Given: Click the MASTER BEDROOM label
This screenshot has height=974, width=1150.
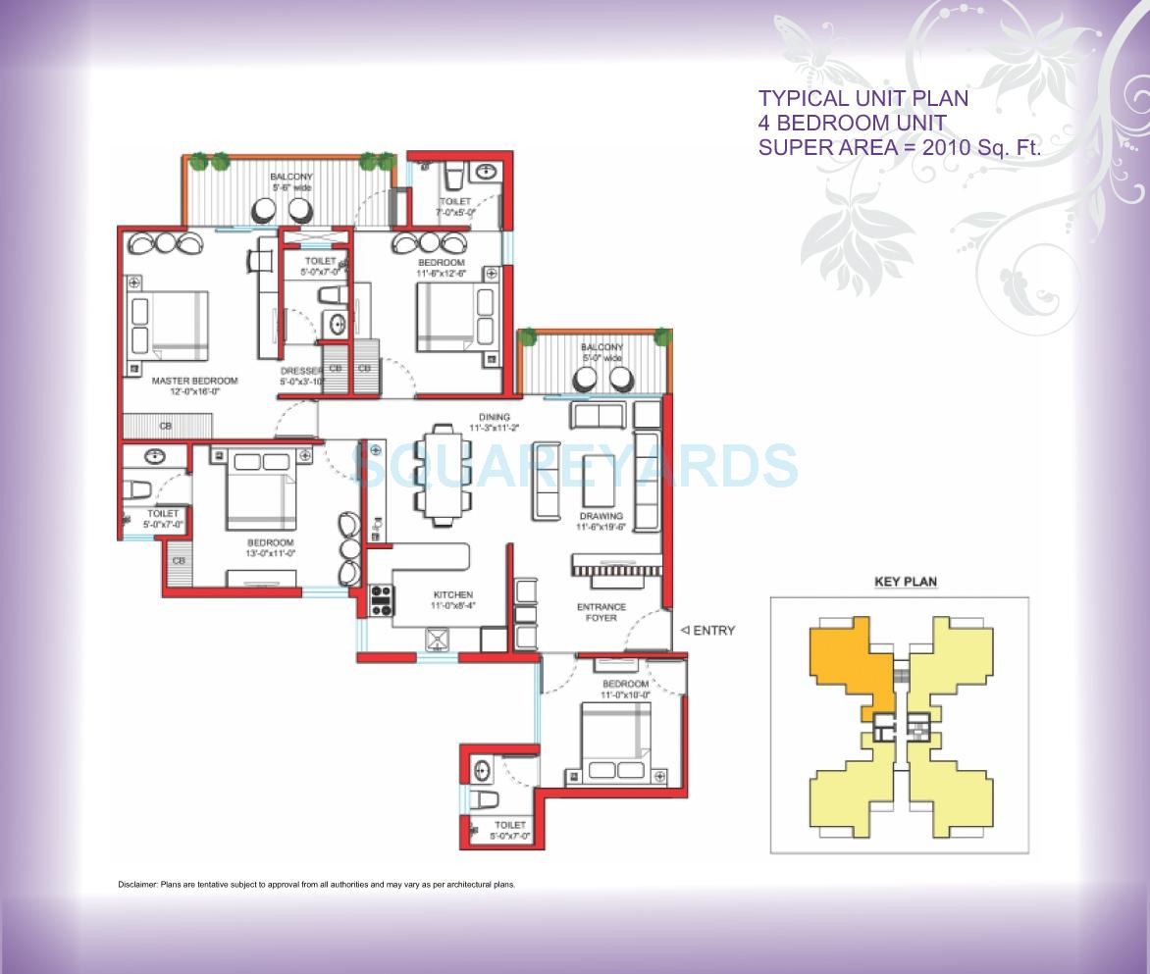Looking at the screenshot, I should pos(194,381).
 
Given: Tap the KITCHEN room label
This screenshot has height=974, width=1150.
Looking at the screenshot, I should pos(451,595).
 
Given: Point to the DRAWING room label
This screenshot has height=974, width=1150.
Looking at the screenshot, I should pos(601,516).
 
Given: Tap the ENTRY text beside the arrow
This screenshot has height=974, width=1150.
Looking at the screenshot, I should pos(713,631).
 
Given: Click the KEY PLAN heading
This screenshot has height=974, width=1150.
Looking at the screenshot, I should pos(905,582).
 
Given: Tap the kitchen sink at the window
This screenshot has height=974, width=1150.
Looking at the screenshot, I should pos(436,640).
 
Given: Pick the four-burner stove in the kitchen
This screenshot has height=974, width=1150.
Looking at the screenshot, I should pos(381,599).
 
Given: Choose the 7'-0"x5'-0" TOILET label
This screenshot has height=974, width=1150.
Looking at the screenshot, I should pos(455,201).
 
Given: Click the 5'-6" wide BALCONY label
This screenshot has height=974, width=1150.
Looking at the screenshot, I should pos(290,177).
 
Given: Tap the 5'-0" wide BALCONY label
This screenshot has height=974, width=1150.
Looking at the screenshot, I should pos(601,347).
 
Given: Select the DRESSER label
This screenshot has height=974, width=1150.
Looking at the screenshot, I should pos(300,371).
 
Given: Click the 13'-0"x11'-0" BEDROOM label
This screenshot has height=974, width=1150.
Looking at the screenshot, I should pos(270,543).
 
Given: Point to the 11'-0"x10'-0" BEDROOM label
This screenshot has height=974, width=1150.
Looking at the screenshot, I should pos(625,684).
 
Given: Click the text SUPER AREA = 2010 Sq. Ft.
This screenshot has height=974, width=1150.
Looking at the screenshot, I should pos(900,147).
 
